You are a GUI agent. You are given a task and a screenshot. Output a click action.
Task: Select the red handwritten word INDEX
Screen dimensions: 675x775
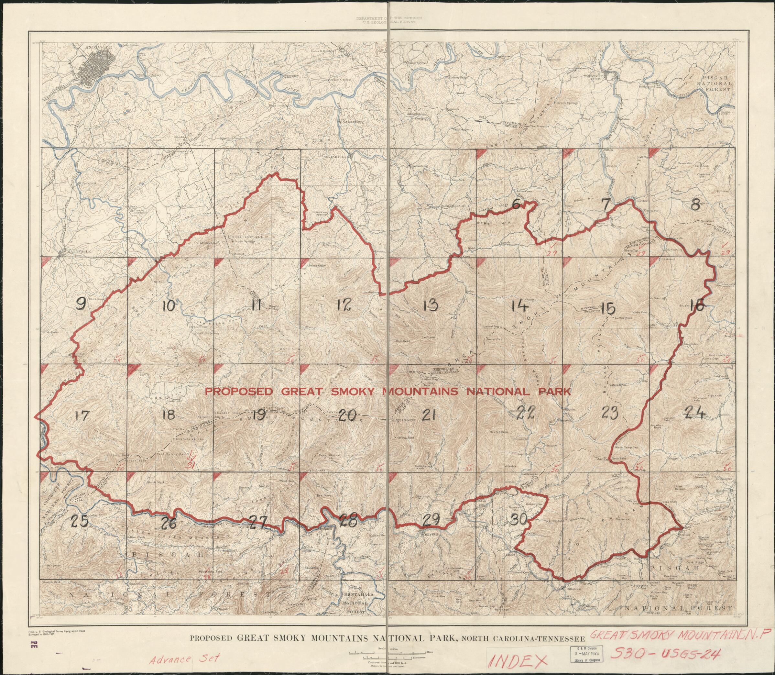click(x=518, y=660)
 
